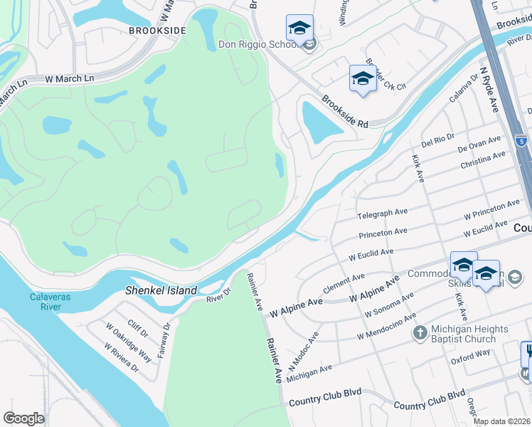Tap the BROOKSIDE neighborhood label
[157, 31]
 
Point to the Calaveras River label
[51, 302]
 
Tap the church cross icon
[420, 332]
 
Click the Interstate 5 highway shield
[521, 141]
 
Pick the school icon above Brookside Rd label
[362, 78]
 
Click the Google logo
[23, 418]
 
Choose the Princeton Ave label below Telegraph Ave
[383, 232]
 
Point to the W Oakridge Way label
[129, 342]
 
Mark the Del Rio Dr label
[437, 144]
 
